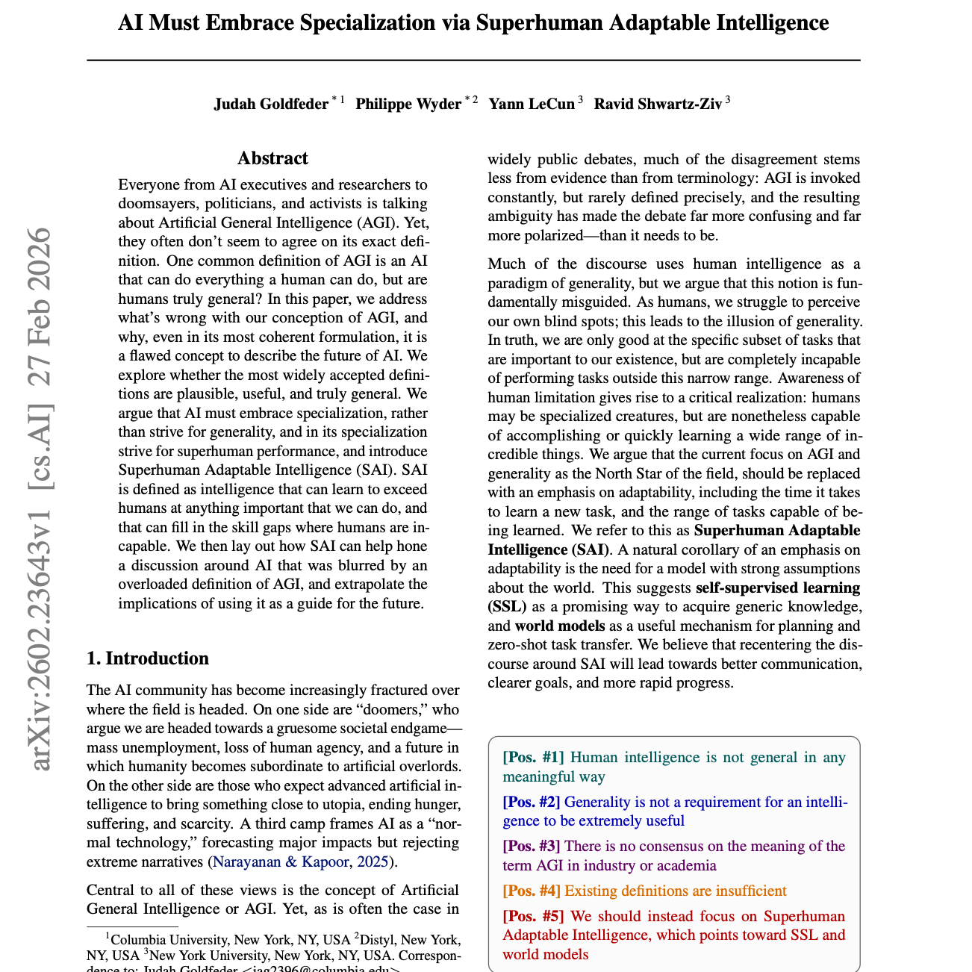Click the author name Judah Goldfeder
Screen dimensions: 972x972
(x=271, y=104)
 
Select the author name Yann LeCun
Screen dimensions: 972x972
(x=532, y=104)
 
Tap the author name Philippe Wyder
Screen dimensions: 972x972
(x=408, y=104)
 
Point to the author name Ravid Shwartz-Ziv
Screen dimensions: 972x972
(x=658, y=104)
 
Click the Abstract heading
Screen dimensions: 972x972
(x=272, y=158)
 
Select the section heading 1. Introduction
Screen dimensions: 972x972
(x=148, y=658)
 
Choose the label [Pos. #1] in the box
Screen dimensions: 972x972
(x=533, y=758)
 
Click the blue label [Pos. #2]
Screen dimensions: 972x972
(x=532, y=803)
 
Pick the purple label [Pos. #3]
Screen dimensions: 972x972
(x=532, y=847)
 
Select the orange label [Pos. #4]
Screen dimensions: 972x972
(x=532, y=891)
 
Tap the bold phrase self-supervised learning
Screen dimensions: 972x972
(x=778, y=588)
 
